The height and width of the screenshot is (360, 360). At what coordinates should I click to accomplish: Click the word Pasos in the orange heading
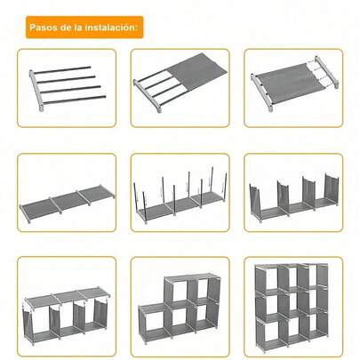tap(44, 28)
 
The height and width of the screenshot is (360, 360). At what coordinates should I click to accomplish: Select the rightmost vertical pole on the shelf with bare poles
tap(225, 187)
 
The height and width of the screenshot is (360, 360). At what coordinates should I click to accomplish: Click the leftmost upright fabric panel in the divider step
tap(259, 200)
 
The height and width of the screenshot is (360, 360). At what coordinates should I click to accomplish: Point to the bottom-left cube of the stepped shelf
tap(154, 321)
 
